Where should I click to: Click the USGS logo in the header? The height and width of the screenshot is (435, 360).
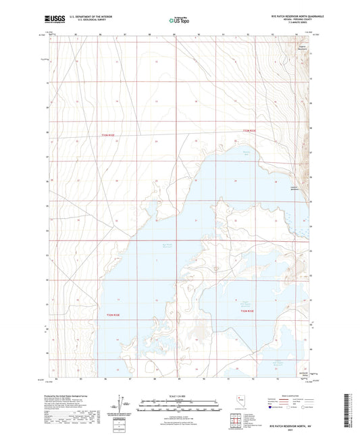pos(51,20)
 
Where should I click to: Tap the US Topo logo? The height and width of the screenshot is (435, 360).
pos(177,20)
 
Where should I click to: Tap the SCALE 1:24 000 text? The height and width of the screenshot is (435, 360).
pos(180,396)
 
